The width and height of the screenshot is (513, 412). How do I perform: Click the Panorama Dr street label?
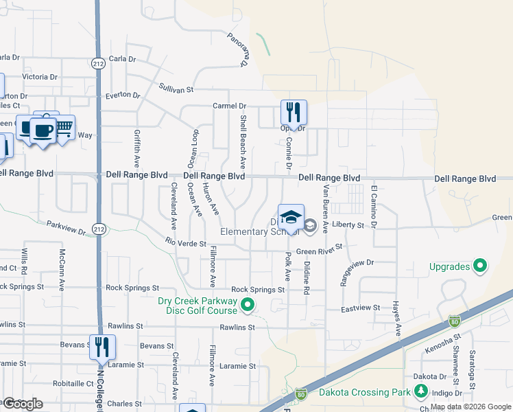pos(237,49)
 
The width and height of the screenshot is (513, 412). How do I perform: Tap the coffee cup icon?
pos(43,130)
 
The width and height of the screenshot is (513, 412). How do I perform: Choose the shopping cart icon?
pos(64,127)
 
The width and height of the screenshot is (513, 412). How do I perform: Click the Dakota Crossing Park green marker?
pos(420,393)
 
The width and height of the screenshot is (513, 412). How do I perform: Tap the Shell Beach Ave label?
pos(243,142)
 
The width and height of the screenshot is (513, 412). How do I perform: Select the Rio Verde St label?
pos(186,242)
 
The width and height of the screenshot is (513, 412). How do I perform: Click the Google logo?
pos(23,403)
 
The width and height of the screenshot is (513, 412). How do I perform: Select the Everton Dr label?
pos(123,95)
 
